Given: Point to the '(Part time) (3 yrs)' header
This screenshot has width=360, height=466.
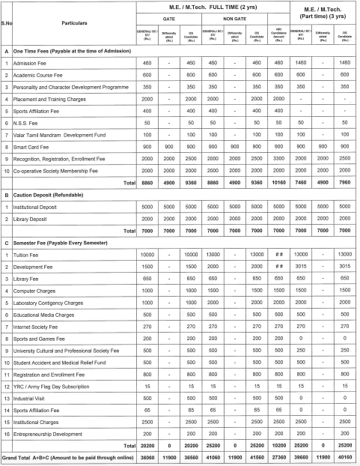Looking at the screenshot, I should click(x=321, y=16).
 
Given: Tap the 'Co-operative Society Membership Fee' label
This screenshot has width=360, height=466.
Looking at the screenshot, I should click(x=63, y=169).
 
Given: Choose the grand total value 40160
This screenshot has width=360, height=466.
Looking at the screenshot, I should click(x=345, y=458).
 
